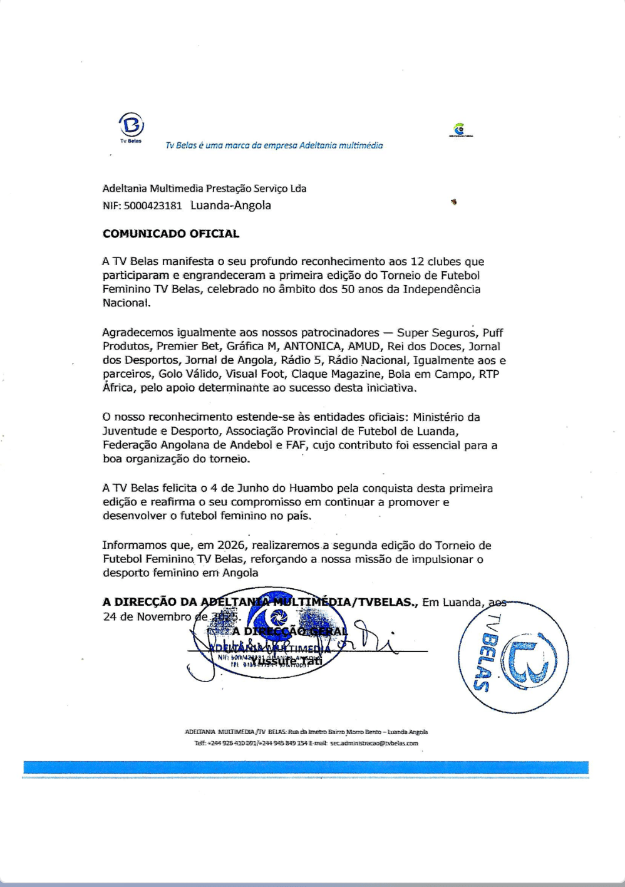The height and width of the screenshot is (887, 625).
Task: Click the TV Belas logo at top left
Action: pyautogui.click(x=132, y=125)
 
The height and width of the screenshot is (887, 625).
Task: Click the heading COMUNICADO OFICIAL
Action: pyautogui.click(x=171, y=234)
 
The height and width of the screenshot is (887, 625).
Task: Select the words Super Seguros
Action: pyautogui.click(x=436, y=333)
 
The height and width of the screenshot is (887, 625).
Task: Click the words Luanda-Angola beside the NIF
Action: pyautogui.click(x=230, y=205)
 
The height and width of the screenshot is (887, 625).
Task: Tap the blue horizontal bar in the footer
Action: pyautogui.click(x=306, y=767)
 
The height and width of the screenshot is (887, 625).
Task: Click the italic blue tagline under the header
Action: pyautogui.click(x=274, y=145)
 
